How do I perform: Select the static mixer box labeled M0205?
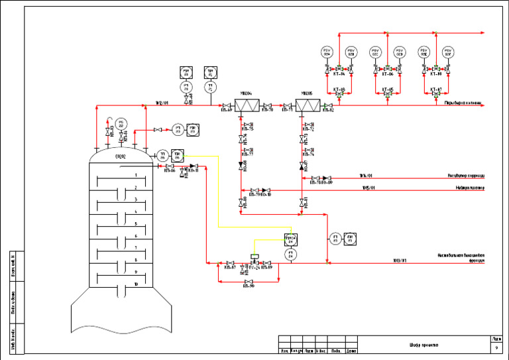[x=307, y=105]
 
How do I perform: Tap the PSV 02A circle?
[x=327, y=52]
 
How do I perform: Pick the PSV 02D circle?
[x=400, y=52]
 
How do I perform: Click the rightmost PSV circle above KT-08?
[x=448, y=52]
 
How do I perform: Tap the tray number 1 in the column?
[x=136, y=175]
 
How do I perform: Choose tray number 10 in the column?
[x=136, y=284]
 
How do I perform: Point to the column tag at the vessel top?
[x=121, y=156]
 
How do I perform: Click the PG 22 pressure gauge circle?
[x=120, y=123]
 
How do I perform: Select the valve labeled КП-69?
[x=227, y=105]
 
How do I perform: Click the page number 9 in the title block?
[x=496, y=347]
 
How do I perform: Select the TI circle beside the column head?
[x=162, y=154]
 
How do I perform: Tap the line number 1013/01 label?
[x=399, y=261]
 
